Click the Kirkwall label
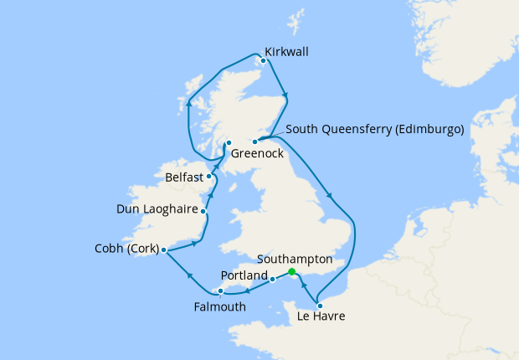286,52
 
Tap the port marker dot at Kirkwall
264,60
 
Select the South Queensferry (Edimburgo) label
374,130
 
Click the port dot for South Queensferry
254,141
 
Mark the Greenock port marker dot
229,143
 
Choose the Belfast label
184,177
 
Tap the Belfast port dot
209,176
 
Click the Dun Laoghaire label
156,208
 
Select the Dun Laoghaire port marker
203,211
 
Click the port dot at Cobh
164,250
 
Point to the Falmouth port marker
220,291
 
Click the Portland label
244,275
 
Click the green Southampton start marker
291,272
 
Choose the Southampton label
295,260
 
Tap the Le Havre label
321,317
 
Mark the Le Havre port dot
320,305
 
